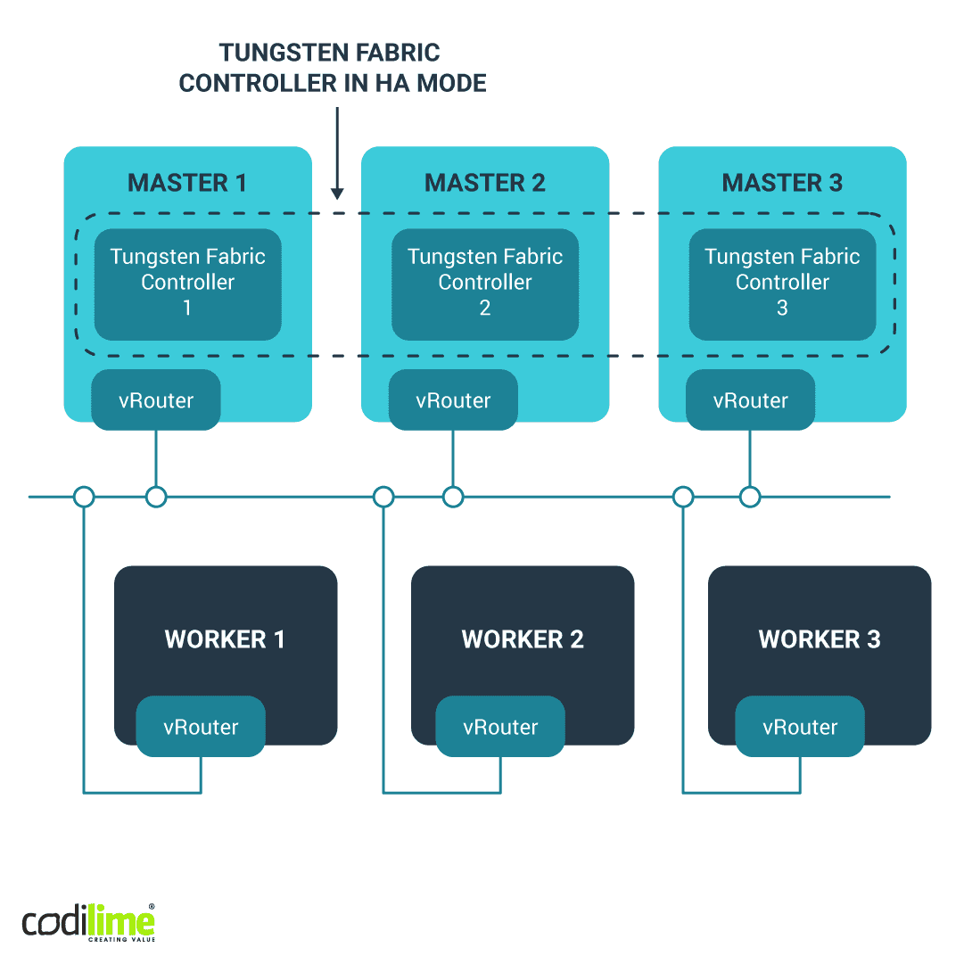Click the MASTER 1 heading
(187, 184)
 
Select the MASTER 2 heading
(484, 184)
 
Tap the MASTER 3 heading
(782, 184)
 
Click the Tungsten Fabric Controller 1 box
(187, 284)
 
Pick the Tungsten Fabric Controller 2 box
(484, 284)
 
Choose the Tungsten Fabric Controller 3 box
(782, 284)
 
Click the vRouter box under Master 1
(156, 400)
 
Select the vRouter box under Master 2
(453, 400)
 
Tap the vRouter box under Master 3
(750, 400)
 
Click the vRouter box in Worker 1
(201, 727)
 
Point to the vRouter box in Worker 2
(500, 727)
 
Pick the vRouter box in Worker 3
(800, 727)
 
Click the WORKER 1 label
(225, 639)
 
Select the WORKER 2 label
(523, 639)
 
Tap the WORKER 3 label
(820, 639)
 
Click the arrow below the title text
(337, 152)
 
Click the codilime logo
(88, 922)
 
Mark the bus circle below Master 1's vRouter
(156, 497)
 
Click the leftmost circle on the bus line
(84, 497)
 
